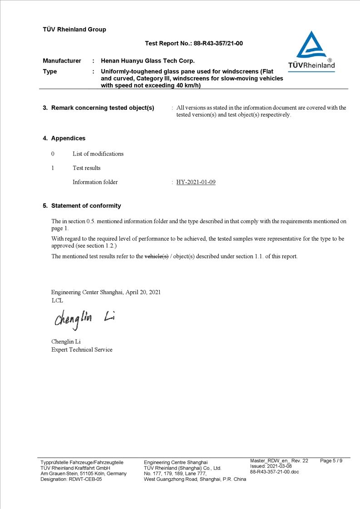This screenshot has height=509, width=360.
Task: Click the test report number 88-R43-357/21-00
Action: click(x=218, y=44)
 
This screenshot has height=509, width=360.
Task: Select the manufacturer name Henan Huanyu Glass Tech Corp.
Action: click(x=148, y=61)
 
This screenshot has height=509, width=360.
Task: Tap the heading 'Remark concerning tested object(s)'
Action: click(x=103, y=108)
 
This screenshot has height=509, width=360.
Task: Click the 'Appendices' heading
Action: click(x=68, y=138)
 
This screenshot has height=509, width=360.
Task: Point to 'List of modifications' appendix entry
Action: click(x=98, y=154)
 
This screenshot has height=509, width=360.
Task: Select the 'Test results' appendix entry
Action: click(x=87, y=168)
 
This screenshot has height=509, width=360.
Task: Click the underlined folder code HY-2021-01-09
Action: click(x=196, y=182)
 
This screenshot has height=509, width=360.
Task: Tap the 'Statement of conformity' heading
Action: click(x=86, y=206)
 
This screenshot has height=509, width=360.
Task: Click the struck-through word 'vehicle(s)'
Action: click(x=156, y=256)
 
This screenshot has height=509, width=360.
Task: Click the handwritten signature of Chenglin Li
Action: click(x=84, y=319)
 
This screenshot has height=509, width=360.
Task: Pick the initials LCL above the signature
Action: click(x=57, y=300)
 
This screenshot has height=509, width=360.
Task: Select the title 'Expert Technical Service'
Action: click(x=82, y=350)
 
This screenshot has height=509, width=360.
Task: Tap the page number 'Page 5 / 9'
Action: click(x=331, y=461)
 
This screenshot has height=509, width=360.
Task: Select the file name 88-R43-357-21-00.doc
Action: click(x=275, y=472)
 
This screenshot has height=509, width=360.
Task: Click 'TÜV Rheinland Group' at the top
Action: click(x=74, y=29)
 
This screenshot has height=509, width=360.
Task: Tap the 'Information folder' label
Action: click(x=95, y=182)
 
